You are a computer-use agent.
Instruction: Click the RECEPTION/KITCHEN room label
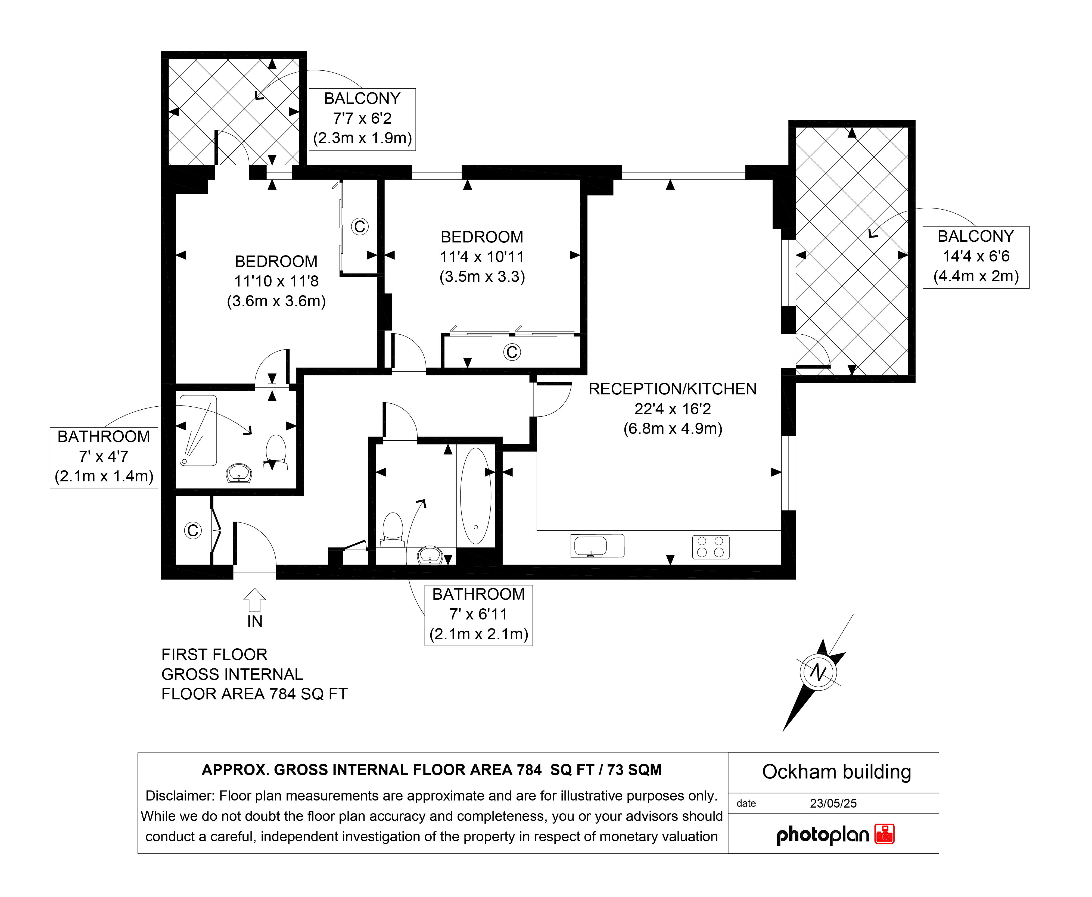point(672,389)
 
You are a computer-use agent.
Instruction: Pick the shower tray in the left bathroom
point(198,430)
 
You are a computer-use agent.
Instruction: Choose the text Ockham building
point(836,772)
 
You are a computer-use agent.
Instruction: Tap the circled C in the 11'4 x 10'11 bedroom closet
point(512,352)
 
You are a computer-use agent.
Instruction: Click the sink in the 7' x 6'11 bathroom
point(430,555)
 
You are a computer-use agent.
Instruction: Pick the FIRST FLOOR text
point(214,655)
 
